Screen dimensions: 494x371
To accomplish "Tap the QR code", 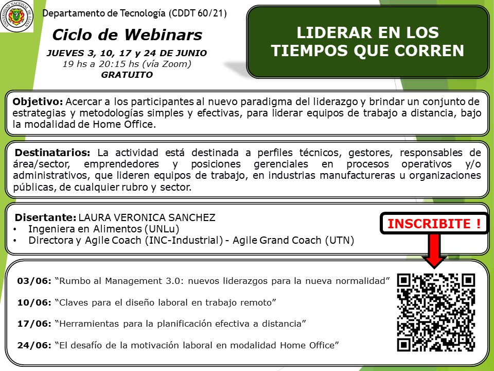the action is pos(436,312).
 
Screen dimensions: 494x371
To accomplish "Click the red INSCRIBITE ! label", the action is pos(434,223).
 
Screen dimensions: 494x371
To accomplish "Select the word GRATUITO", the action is pos(127,75).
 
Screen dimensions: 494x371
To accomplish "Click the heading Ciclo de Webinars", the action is pos(127,35).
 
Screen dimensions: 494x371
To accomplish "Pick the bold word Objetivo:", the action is pos(38,102).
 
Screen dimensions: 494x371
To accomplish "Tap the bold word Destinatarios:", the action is pos(52,153).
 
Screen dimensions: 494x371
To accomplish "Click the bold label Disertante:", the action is pos(45,217).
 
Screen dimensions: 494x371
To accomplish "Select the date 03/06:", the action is pos(34,281).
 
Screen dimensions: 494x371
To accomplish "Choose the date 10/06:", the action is pos(34,302).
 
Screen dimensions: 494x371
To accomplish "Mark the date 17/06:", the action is pos(34,324).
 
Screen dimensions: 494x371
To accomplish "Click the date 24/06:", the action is pos(34,345).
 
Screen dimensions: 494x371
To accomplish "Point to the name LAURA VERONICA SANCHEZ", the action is pos(147,217).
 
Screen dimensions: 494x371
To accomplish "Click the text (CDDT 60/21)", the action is pos(198,13).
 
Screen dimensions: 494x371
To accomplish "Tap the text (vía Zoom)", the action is pos(167,64).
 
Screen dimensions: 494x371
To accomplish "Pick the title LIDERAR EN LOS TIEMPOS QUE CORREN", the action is pos(367,42).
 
